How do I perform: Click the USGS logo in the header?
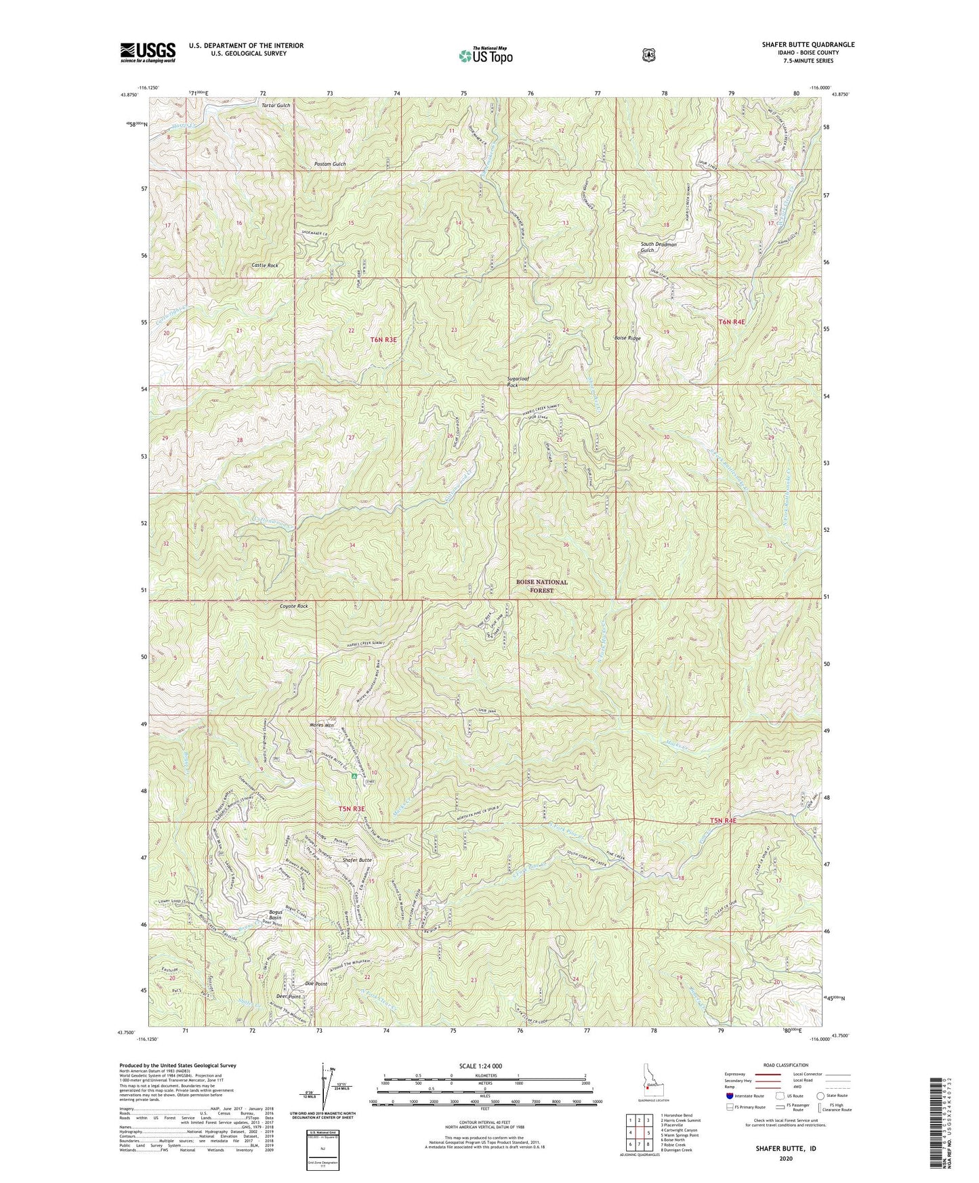[x=148, y=52]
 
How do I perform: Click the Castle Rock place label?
[x=264, y=266]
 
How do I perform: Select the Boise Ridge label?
[x=627, y=338]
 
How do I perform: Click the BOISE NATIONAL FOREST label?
[x=541, y=586]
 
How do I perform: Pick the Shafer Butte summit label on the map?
[x=357, y=860]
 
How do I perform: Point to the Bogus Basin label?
[x=280, y=915]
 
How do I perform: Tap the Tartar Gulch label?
[x=276, y=106]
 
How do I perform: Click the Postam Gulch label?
[x=330, y=165]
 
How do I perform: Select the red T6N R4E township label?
[x=731, y=322]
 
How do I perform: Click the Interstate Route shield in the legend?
[x=729, y=1096]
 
